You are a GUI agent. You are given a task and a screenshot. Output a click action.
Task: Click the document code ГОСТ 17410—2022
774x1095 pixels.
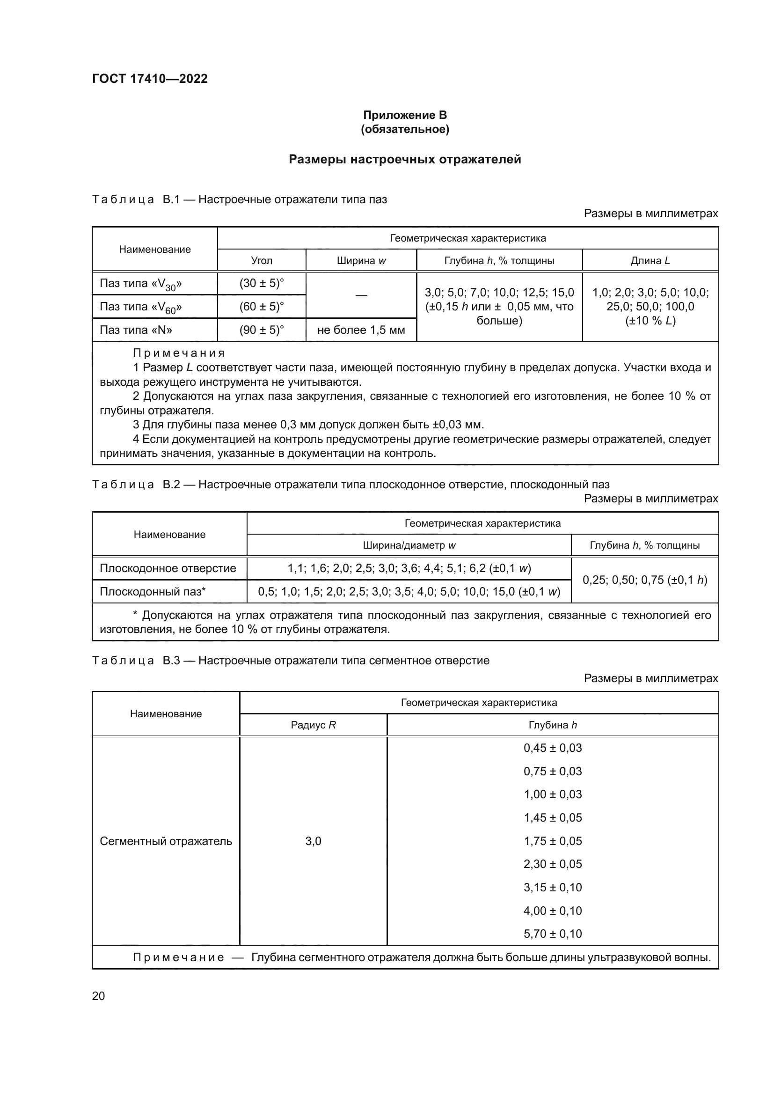point(150,79)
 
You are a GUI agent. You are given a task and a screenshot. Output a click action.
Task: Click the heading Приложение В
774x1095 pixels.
point(405,115)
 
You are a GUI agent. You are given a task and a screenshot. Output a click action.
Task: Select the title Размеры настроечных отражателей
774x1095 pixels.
point(405,159)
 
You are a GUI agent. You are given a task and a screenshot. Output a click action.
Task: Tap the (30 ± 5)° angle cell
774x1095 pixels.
point(261,283)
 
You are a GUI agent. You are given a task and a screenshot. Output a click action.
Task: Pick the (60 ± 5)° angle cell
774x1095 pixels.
point(261,307)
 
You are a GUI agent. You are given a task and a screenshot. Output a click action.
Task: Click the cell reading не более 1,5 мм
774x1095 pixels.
point(361,330)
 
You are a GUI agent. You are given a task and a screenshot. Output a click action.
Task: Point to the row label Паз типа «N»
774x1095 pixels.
point(136,330)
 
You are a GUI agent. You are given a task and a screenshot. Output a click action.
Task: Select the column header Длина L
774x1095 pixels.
point(650,260)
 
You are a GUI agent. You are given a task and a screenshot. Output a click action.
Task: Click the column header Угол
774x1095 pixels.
point(261,260)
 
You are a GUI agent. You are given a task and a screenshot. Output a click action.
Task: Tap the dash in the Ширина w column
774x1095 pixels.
point(361,295)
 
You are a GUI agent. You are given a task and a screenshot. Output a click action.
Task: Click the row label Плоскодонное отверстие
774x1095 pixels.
point(168,568)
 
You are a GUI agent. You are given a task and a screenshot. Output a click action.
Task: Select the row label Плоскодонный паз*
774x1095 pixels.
point(153,592)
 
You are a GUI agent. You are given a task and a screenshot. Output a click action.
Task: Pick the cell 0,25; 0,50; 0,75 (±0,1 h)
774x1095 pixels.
point(644,580)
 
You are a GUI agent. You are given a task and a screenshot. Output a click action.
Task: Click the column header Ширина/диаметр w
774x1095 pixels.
point(409,545)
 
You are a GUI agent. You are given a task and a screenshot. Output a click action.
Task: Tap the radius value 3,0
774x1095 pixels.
point(313,841)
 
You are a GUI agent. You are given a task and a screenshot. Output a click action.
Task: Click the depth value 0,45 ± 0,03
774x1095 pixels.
point(552,748)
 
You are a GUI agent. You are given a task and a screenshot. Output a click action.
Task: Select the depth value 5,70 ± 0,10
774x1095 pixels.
point(552,934)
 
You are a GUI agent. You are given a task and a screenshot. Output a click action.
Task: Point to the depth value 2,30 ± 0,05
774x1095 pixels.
point(552,864)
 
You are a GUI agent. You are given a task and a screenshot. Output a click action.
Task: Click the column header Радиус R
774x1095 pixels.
point(313,725)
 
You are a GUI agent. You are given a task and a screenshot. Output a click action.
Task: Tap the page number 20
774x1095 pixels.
point(99,996)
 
